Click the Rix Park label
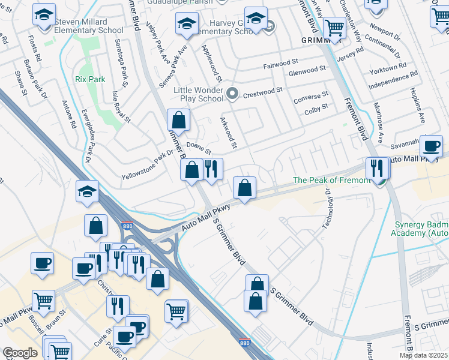pos(90,79)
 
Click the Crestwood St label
pos(263,90)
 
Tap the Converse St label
pos(311,95)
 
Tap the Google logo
pos(20,353)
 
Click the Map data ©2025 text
pos(423,355)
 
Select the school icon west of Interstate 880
pos(87,193)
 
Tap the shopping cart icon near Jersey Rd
pos(334,28)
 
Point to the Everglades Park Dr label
pos(88,142)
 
